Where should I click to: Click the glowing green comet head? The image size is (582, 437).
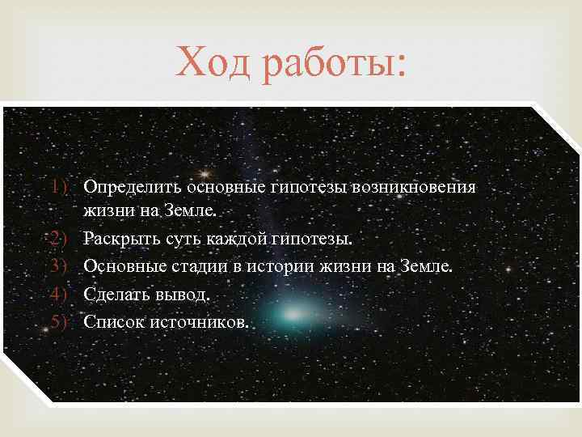click(x=282, y=311)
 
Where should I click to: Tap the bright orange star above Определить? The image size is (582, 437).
click(x=205, y=172)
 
